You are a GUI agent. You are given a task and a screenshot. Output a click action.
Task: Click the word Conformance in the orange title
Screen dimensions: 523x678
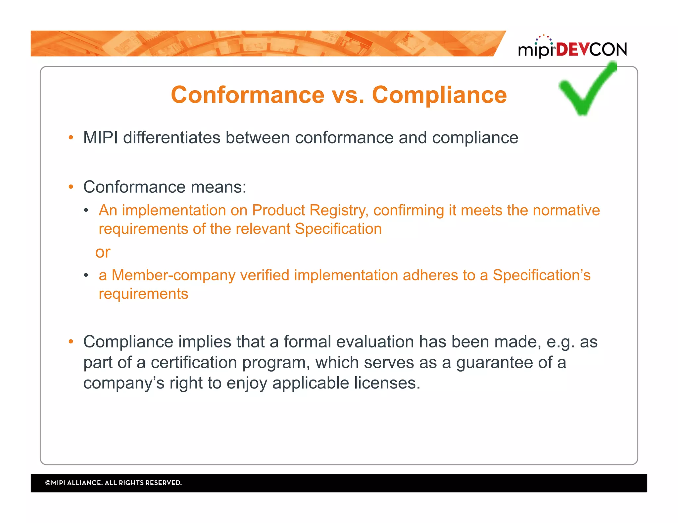click(x=248, y=95)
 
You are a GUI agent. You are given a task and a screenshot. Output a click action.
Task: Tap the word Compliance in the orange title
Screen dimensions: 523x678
click(x=439, y=95)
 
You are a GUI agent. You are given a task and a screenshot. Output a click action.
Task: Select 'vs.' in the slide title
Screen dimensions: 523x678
click(x=348, y=95)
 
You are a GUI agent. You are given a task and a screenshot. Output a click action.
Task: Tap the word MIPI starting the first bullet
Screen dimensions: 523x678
click(x=100, y=138)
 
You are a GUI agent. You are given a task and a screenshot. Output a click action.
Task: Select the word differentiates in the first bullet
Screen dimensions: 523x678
click(x=171, y=138)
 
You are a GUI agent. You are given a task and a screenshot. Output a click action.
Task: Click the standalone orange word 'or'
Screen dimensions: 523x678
click(x=103, y=252)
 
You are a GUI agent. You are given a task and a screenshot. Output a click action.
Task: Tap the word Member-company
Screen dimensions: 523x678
click(x=173, y=275)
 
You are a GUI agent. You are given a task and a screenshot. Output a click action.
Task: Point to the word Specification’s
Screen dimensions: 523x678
click(x=541, y=275)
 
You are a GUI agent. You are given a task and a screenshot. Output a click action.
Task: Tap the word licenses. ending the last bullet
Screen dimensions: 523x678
click(x=387, y=383)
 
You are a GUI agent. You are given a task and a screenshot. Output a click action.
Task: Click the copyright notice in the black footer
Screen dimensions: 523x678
click(x=113, y=483)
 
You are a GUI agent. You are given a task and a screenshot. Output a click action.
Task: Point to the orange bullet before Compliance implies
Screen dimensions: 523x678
click(x=71, y=342)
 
